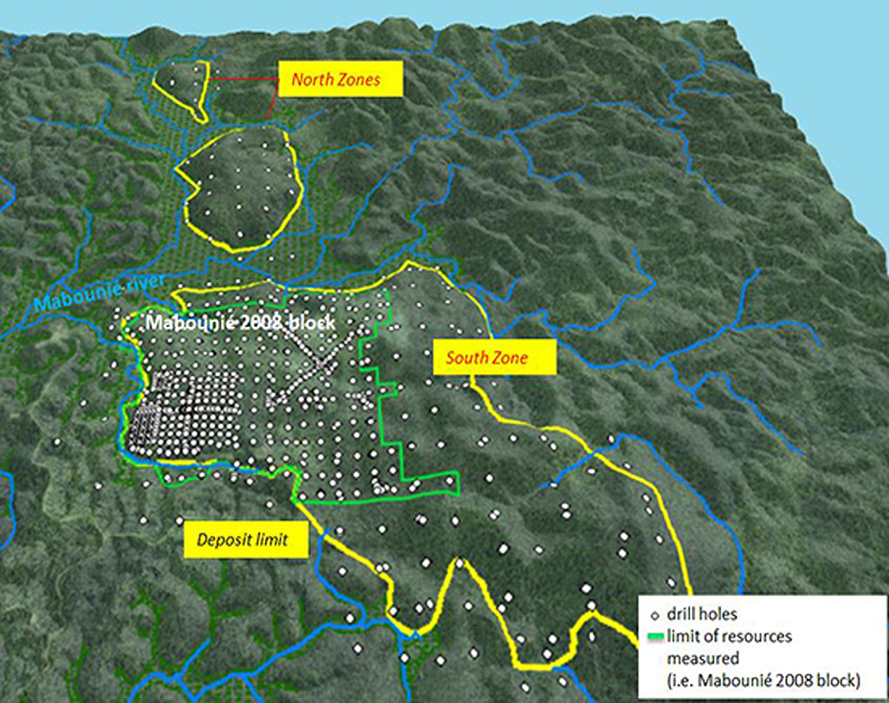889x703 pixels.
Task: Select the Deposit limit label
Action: (x=247, y=541)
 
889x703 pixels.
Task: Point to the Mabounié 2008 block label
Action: (x=239, y=323)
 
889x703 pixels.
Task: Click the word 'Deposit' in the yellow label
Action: (x=227, y=541)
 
